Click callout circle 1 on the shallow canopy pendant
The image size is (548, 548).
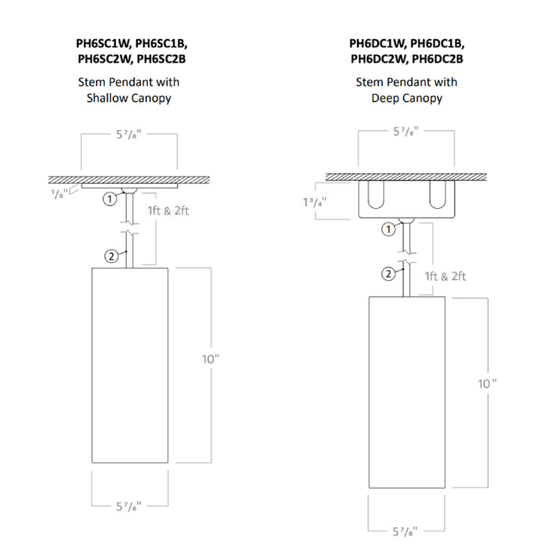pos(110,200)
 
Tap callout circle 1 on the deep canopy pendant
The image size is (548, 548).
pos(387,229)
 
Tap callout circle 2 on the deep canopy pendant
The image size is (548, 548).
pos(387,273)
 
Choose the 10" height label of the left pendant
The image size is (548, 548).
pos(211,359)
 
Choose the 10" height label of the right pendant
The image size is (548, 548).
pos(487,384)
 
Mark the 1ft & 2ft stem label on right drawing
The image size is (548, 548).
pos(445,276)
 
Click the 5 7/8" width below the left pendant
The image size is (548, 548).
pos(130,507)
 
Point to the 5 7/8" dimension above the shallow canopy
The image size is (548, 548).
pos(130,135)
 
